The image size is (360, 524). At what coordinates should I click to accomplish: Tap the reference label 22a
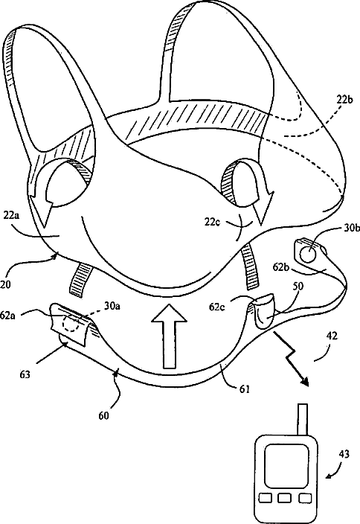(12, 216)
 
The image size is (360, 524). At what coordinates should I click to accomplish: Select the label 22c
(213, 222)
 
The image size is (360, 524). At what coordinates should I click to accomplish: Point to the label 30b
(352, 229)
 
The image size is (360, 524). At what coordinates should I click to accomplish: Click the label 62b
(281, 266)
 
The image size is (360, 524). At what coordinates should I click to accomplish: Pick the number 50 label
(298, 286)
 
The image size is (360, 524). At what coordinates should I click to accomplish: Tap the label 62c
(216, 306)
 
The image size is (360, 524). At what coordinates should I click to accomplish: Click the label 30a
(112, 305)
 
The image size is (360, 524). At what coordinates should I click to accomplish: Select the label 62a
(8, 315)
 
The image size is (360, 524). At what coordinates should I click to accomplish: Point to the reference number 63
(25, 374)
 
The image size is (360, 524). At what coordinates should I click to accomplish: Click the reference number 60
(104, 415)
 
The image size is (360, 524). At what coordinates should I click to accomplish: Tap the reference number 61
(245, 389)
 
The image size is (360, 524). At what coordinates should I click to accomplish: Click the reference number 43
(344, 454)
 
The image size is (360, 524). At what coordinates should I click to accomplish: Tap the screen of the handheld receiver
(286, 465)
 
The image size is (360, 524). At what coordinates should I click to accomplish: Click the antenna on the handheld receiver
(302, 419)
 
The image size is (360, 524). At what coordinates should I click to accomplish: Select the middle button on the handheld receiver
(284, 498)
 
